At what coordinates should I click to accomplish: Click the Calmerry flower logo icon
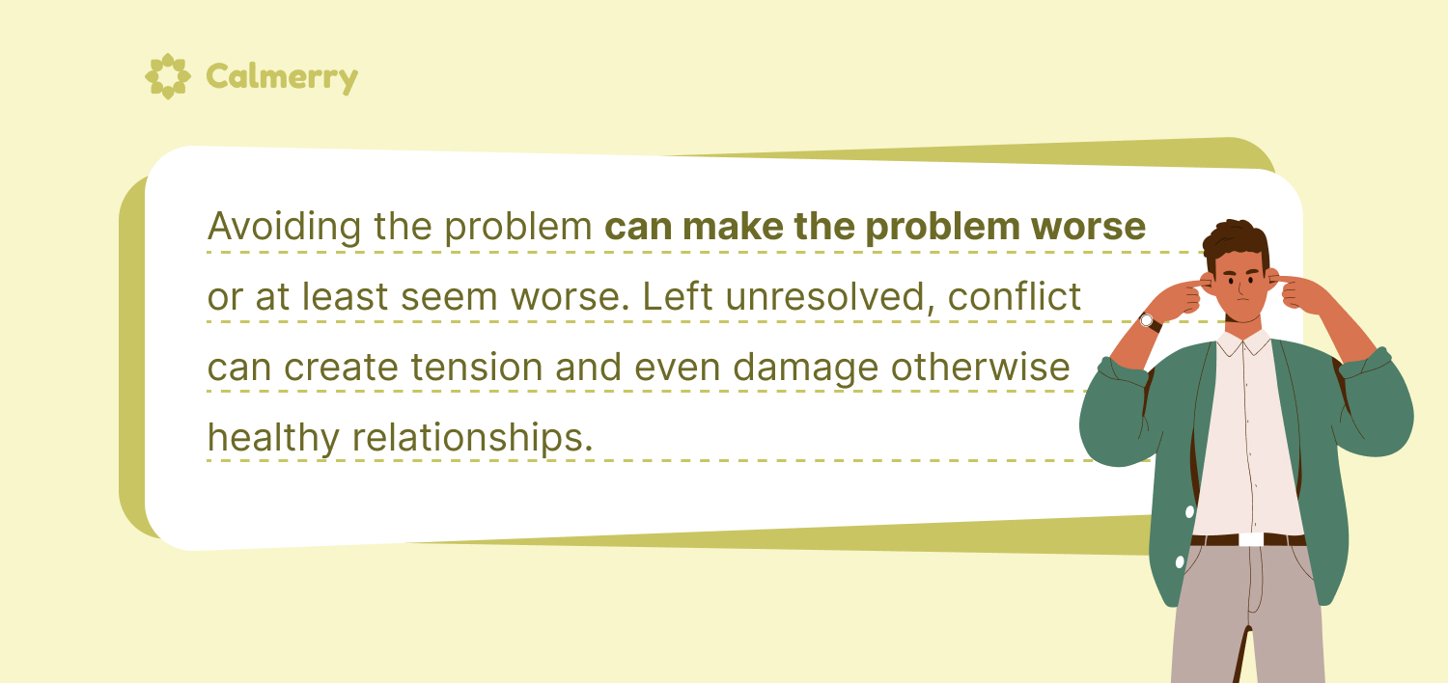167,76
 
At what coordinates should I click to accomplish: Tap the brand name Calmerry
282,77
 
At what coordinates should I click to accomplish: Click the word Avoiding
284,227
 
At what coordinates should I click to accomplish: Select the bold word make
733,226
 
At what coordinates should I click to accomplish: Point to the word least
345,296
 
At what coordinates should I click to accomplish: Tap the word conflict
1015,296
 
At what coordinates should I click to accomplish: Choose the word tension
477,367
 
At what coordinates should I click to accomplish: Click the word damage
805,369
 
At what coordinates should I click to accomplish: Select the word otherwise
980,367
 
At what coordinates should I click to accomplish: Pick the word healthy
273,438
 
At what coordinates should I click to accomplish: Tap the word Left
678,296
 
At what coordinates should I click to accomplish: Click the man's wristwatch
1149,321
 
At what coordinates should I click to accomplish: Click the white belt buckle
1251,539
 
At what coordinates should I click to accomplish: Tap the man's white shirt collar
1242,342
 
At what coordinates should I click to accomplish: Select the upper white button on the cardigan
1189,511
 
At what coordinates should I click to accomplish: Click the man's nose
1240,290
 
